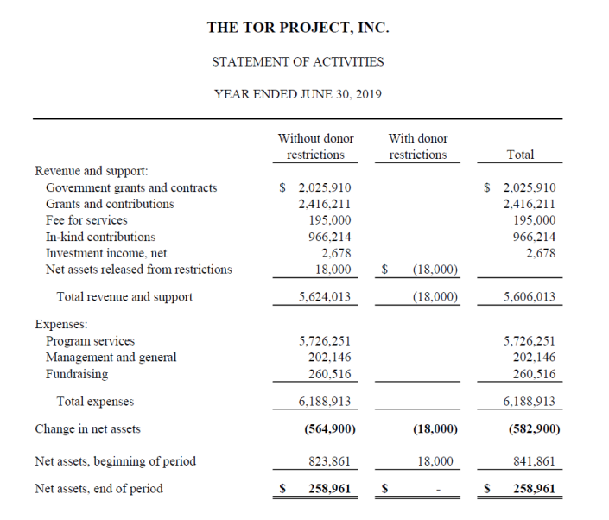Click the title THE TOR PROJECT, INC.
coord(298,28)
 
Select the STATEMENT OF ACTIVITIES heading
coord(298,61)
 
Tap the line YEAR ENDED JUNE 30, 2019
coord(298,94)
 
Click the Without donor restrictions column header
coord(315,146)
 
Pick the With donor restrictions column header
coord(418,146)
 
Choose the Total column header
coord(520,155)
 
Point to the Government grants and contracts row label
coord(131,187)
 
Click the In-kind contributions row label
coord(100,237)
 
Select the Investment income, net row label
coord(106,253)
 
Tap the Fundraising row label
coord(77,374)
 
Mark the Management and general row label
coord(111,358)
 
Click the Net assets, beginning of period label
coord(115,461)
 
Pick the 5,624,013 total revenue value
coord(324,297)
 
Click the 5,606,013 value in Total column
coord(529,297)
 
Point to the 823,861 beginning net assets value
coord(329,461)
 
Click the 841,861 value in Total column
coord(534,461)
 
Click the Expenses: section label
coord(60,325)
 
